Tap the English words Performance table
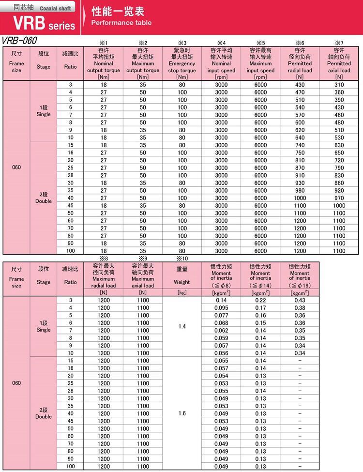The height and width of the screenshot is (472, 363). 121,23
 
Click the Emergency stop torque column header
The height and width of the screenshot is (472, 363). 182,63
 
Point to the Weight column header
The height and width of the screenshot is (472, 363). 182,278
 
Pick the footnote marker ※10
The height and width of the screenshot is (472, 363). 182,259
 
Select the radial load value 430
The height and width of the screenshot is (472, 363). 300,85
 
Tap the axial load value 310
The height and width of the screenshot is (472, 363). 339,85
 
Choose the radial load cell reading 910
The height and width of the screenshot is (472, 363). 300,175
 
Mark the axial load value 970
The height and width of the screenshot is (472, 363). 339,198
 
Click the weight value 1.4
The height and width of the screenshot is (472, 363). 182,327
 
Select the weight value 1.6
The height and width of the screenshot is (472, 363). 182,413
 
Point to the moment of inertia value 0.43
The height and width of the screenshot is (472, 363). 300,300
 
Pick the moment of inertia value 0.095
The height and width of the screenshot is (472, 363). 221,308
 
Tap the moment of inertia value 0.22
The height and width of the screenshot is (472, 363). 260,300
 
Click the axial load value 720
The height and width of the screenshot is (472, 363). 339,160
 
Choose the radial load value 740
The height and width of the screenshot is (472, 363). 300,145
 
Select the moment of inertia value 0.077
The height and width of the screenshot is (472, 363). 221,315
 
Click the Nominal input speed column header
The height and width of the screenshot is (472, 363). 221,63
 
